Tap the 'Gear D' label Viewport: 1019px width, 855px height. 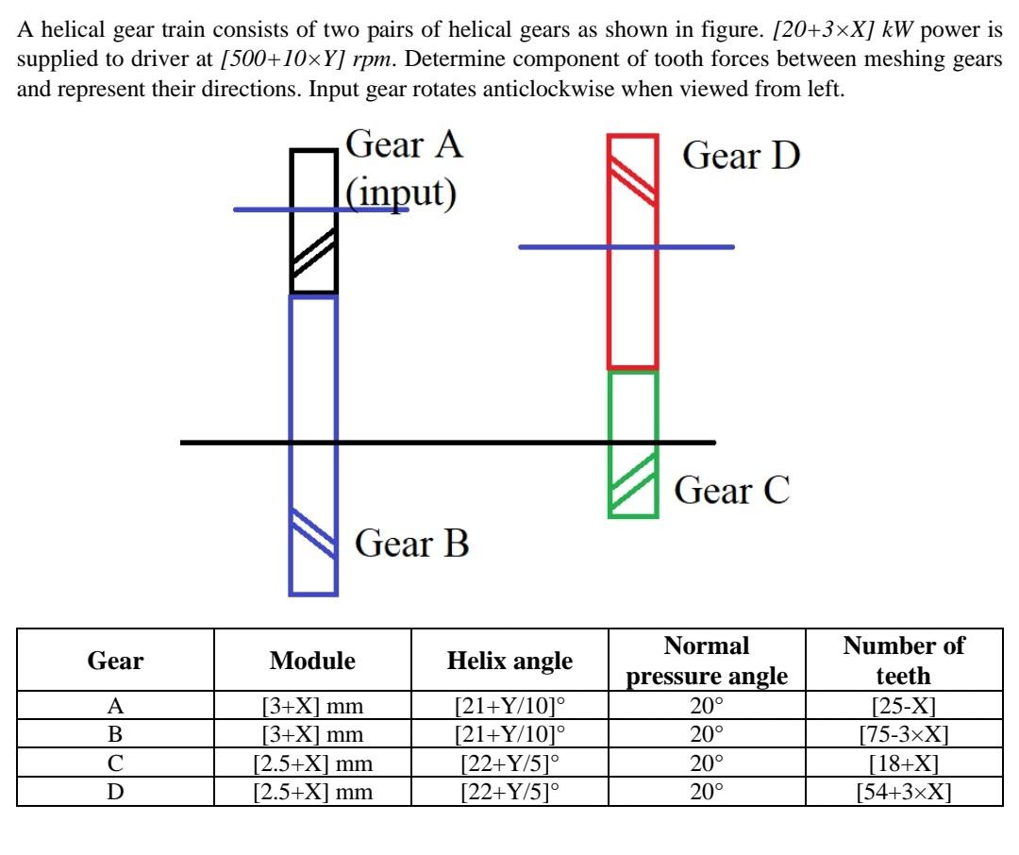(741, 155)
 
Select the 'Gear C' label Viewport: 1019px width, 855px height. (731, 491)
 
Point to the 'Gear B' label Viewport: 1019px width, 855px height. (411, 544)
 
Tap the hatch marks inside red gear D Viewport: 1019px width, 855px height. (632, 179)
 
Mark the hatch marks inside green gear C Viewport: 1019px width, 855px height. (632, 481)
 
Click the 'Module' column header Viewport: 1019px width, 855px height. (312, 662)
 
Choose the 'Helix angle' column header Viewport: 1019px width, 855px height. (509, 662)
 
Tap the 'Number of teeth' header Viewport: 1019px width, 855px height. (903, 661)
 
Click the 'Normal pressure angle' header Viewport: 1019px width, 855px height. (707, 661)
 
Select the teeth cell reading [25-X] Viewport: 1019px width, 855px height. (903, 705)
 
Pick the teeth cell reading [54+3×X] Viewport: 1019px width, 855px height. (903, 792)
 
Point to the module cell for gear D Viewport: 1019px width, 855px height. (312, 792)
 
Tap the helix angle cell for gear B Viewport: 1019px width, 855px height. (509, 734)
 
